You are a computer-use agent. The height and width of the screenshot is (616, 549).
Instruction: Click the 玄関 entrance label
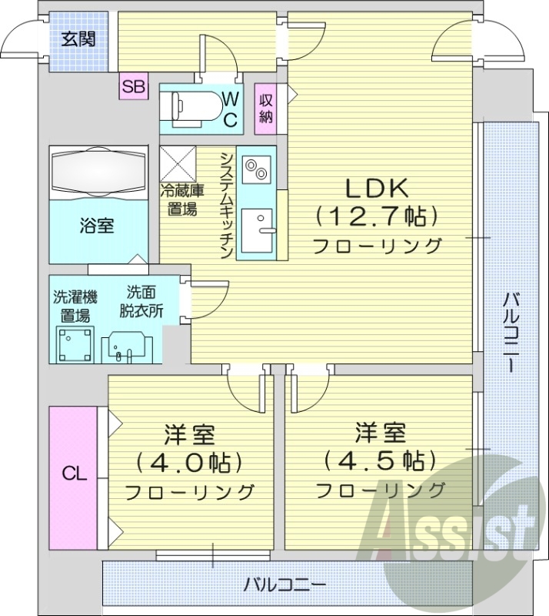click(79, 38)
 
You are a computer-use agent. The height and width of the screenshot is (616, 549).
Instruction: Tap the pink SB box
click(133, 87)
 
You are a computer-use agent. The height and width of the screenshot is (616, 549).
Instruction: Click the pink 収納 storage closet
click(266, 109)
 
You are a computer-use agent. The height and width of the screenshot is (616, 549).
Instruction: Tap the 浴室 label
click(97, 226)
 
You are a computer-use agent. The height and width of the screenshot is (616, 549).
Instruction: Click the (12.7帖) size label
click(376, 216)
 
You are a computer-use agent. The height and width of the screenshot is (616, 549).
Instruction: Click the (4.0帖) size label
click(188, 463)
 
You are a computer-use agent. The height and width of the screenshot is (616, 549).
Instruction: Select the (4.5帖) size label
click(380, 460)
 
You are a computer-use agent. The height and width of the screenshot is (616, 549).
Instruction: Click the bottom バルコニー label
click(286, 584)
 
